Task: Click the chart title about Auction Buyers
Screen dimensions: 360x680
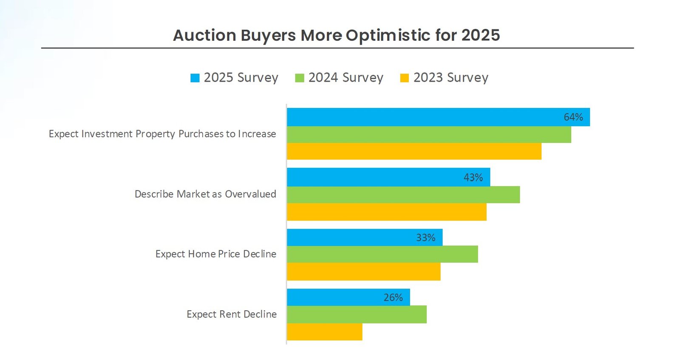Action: (x=336, y=35)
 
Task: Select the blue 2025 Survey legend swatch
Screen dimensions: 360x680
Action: (x=195, y=78)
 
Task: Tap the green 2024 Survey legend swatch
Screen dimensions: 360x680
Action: (x=300, y=78)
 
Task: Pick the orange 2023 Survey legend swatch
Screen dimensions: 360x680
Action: (x=405, y=78)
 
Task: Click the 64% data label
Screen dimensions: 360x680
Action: (x=573, y=117)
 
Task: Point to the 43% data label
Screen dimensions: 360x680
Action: (x=473, y=178)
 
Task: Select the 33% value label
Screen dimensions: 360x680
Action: (x=425, y=238)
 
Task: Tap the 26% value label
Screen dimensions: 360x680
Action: (x=393, y=298)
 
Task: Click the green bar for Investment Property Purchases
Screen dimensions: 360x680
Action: (x=429, y=134)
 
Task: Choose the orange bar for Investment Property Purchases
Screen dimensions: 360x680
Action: (x=414, y=151)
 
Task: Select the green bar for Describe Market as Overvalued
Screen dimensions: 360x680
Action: (x=403, y=195)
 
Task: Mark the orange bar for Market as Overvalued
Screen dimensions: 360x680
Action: (x=387, y=212)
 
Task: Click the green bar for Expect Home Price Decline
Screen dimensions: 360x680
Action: (x=382, y=254)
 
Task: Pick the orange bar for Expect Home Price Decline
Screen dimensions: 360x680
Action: (x=363, y=272)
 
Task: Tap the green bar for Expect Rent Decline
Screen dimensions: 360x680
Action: (x=357, y=315)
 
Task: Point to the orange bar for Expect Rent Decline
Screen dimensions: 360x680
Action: (x=325, y=332)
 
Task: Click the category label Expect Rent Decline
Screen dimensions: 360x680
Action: (x=232, y=315)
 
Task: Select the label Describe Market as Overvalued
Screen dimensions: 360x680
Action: (x=205, y=194)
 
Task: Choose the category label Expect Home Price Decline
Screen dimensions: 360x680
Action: (x=216, y=254)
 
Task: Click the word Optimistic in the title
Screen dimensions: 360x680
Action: (x=388, y=35)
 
